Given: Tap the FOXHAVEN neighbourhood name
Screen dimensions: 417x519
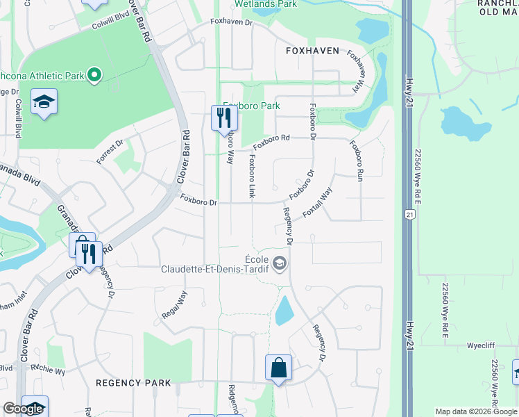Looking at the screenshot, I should (312, 51).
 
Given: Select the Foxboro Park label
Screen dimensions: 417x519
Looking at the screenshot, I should (251, 106).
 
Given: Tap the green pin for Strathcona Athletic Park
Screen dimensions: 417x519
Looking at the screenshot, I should (96, 74).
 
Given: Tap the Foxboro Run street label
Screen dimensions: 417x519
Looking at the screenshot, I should (356, 161).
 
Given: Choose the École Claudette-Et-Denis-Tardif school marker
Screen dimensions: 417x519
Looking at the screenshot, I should (279, 263).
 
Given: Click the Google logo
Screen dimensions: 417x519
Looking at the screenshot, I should (23, 409).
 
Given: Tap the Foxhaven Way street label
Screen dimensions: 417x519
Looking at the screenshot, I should (356, 72).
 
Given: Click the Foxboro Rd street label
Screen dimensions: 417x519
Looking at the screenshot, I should (271, 142).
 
